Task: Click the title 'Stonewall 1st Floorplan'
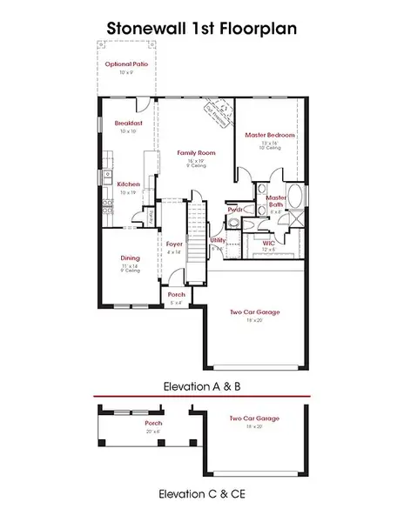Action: [201, 28]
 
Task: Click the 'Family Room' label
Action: [197, 153]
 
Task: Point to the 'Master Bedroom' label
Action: [269, 136]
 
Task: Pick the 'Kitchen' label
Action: [128, 184]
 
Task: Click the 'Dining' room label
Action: [131, 258]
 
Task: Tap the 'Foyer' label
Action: [175, 244]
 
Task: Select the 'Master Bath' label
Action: [276, 201]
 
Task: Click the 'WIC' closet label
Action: [268, 243]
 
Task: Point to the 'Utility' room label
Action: [219, 239]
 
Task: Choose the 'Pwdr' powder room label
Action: [234, 211]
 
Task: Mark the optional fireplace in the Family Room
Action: [214, 111]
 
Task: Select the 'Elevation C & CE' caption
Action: [201, 493]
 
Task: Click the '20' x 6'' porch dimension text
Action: [153, 431]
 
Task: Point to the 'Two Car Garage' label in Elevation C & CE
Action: [247, 419]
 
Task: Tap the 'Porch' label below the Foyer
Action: [176, 296]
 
